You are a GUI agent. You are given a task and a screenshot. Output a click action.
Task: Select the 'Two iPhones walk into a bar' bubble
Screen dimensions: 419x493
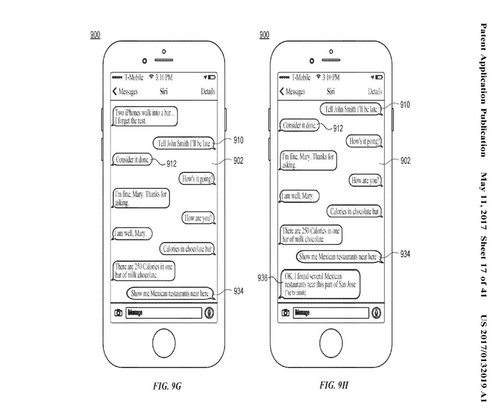145,117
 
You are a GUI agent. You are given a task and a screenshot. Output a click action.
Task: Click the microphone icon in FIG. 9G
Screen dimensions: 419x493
210,313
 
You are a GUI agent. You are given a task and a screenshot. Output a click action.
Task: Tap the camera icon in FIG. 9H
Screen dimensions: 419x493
286,313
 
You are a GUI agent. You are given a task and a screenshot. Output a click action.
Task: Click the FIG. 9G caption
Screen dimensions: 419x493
164,386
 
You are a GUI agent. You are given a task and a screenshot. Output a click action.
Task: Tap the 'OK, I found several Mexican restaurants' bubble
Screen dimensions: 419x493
320,284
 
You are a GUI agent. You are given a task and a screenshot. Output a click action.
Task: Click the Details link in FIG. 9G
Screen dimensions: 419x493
208,92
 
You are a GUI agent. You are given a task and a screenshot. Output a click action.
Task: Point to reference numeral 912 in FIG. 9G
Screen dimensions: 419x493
172,164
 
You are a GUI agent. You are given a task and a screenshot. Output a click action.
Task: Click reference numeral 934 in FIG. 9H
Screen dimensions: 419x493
405,254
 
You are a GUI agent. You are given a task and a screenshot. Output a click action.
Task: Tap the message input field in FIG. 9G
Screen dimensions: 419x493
164,313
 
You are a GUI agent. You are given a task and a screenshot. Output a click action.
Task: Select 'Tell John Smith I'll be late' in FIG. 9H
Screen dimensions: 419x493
352,109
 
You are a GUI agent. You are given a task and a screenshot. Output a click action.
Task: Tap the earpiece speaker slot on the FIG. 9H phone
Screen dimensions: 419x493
332,60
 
